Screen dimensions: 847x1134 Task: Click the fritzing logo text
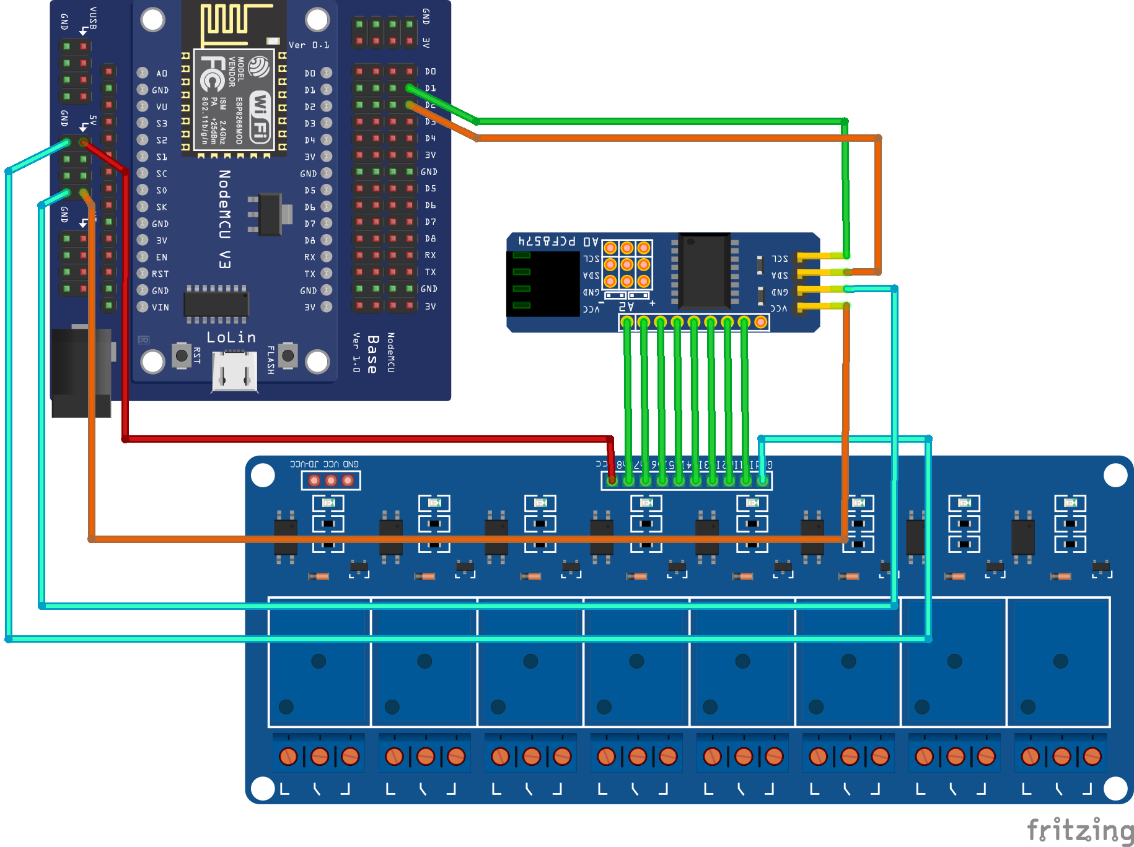[1080, 830]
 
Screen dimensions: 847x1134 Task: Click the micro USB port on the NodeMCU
[234, 371]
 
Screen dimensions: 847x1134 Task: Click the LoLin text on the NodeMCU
[231, 337]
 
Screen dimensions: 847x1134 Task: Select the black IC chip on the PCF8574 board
[704, 271]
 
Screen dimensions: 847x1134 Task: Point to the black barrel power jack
[81, 371]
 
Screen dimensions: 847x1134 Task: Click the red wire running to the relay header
[366, 439]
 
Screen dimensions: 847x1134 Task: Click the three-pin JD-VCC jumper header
[331, 480]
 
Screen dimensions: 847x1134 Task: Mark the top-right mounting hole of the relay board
[1115, 476]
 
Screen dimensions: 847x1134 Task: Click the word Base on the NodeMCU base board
[372, 354]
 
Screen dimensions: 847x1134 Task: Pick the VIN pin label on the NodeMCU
[160, 307]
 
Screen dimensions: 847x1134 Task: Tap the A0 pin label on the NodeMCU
[162, 73]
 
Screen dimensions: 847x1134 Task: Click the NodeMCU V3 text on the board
[225, 219]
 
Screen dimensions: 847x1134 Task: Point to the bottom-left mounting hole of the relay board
[263, 788]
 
